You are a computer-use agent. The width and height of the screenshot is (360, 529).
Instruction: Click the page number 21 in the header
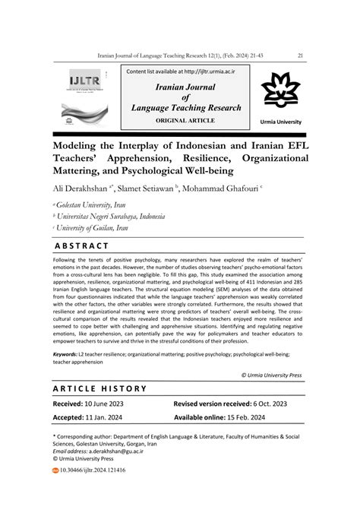point(301,55)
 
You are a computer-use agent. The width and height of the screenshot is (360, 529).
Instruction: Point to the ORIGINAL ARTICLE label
point(185,120)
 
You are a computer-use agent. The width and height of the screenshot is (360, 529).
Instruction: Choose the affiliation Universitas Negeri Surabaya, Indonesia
point(115,215)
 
